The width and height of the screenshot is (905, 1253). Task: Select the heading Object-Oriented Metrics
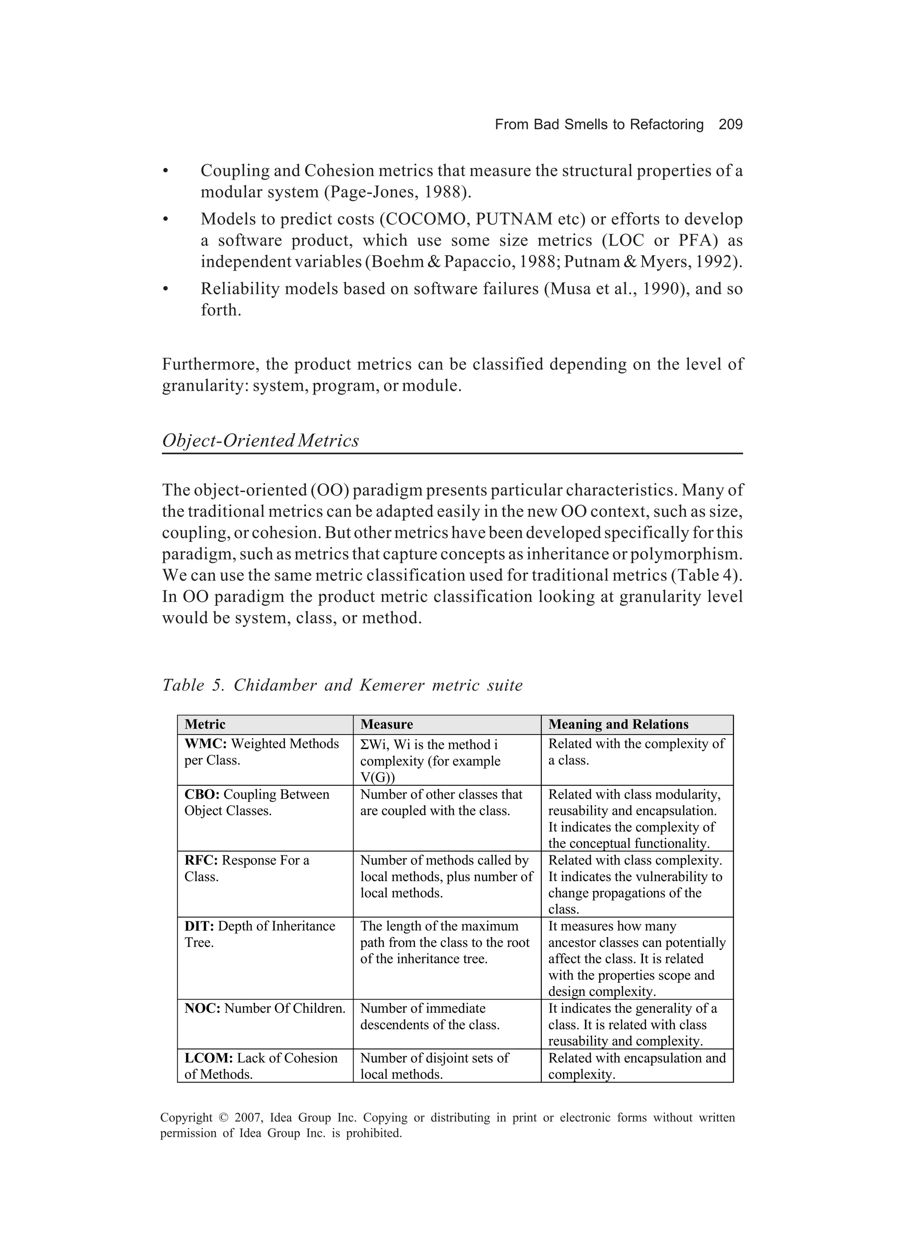[260, 441]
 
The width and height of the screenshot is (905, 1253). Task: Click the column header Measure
[386, 724]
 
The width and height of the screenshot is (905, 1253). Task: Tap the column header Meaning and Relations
[618, 724]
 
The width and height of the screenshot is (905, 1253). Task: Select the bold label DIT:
[199, 926]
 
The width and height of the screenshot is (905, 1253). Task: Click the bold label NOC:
[202, 1008]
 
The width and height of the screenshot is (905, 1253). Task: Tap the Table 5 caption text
[342, 685]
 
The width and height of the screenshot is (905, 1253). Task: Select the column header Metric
[205, 724]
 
